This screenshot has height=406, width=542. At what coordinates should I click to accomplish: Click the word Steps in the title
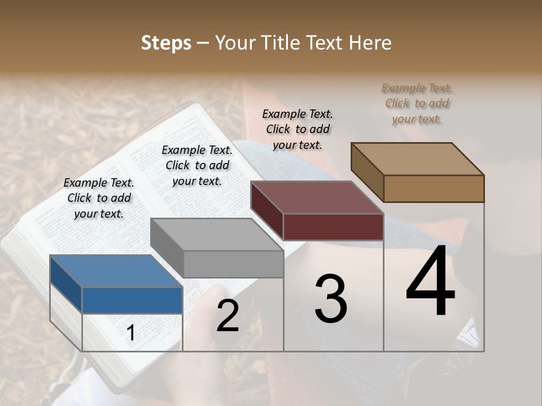click(166, 43)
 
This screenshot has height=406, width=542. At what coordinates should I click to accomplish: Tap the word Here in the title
click(369, 43)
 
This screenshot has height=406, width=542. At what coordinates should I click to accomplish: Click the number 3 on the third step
click(331, 299)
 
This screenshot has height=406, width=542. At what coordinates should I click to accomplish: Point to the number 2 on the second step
click(228, 316)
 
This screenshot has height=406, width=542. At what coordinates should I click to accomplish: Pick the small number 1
click(131, 333)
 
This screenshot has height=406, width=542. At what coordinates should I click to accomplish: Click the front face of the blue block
click(132, 300)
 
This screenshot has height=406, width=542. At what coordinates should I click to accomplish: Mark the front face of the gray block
click(233, 264)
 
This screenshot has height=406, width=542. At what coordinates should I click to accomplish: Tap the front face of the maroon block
click(333, 227)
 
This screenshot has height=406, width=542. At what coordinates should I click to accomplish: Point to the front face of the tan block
click(434, 188)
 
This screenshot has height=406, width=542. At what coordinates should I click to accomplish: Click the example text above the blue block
click(99, 198)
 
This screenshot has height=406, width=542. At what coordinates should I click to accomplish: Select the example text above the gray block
click(197, 165)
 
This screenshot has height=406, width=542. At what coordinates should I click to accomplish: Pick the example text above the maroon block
click(298, 129)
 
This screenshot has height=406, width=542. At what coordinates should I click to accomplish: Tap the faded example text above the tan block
click(417, 103)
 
